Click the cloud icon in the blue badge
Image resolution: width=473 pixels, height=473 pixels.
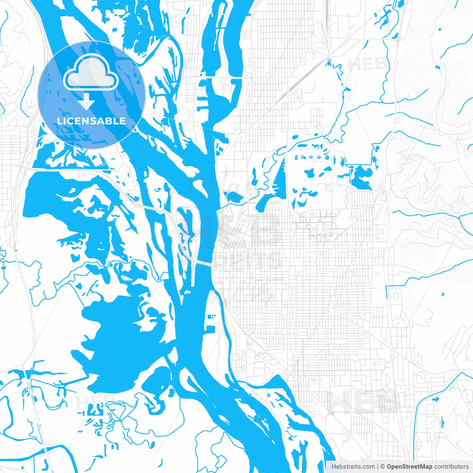91,73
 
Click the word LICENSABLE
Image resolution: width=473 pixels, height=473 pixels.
91,121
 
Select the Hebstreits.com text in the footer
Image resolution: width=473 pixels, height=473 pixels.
353,467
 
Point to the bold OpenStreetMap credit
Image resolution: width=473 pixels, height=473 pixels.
409,467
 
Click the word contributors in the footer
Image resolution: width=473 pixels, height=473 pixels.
451,467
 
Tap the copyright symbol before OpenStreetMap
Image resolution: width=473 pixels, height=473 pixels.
383,467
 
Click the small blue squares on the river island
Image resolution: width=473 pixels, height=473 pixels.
213,316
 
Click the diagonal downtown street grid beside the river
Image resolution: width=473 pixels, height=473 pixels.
231,236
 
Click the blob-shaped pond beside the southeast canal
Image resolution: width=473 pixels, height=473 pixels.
435,399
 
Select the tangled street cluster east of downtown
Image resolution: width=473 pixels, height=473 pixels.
318,224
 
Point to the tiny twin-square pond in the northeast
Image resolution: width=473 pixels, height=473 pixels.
439,67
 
